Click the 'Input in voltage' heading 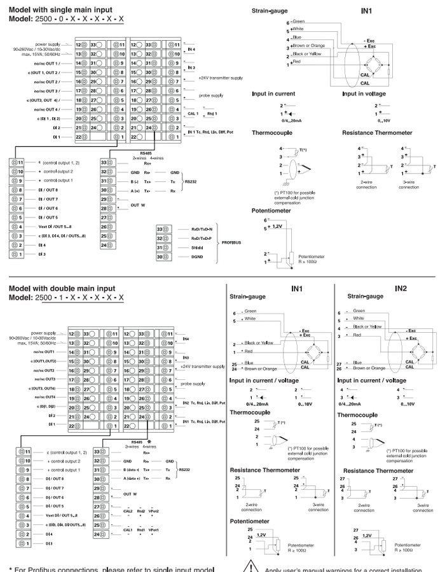(x=367, y=94)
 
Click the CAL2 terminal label (x=128, y=511)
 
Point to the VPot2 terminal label (x=156, y=511)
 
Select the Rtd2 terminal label (x=142, y=511)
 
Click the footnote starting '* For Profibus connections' (x=118, y=566)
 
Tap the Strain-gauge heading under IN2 (x=367, y=297)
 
